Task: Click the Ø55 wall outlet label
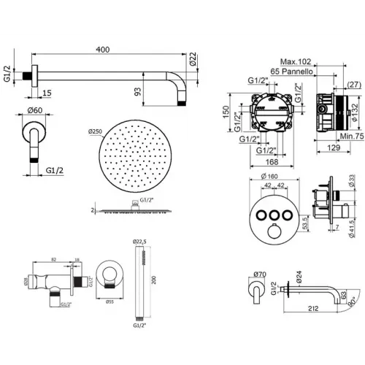coord(109,301)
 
